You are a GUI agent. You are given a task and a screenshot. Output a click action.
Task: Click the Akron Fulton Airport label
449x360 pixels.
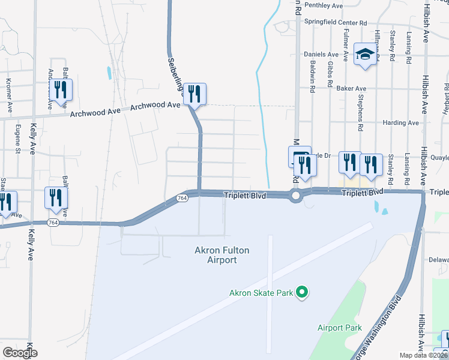[x=221, y=255]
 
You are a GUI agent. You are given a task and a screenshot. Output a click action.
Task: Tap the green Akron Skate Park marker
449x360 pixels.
[x=303, y=293]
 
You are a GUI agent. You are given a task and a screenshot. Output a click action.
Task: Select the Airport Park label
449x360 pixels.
[x=340, y=328]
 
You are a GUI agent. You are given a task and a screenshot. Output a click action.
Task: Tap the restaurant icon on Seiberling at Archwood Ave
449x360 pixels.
[x=194, y=94]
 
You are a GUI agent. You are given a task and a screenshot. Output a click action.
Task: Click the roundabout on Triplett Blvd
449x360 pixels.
[x=295, y=196]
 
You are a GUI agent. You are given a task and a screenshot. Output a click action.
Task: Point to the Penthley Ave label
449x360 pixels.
[x=323, y=5]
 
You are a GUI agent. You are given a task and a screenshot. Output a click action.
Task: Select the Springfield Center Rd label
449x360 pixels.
[x=336, y=23]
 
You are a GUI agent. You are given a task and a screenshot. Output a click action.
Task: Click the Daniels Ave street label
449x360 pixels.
[x=321, y=53]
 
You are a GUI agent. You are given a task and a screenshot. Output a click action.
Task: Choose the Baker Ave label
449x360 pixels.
[x=351, y=88]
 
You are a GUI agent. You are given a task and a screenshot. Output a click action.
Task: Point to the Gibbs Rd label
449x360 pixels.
[x=331, y=74]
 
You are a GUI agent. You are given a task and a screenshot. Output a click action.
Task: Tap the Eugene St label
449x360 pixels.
[x=18, y=139]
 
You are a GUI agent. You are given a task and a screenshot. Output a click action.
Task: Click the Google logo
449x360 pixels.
[x=20, y=353]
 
